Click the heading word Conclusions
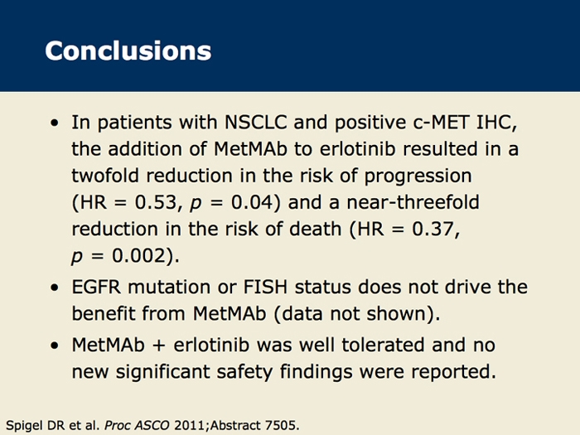click(128, 51)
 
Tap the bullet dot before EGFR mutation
click(55, 288)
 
